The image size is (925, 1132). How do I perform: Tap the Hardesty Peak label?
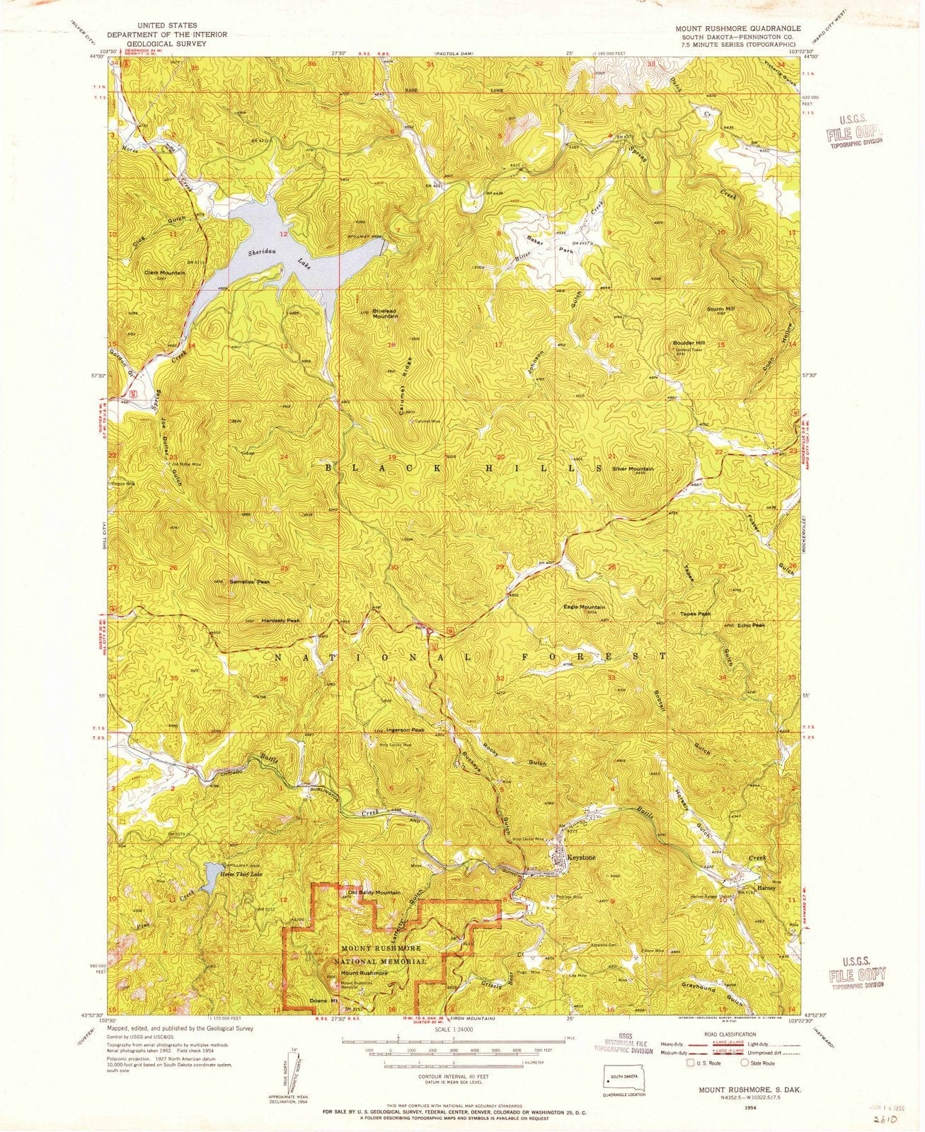[281, 620]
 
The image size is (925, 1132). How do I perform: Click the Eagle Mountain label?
[584, 607]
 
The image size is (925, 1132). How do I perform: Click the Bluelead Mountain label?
[386, 313]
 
